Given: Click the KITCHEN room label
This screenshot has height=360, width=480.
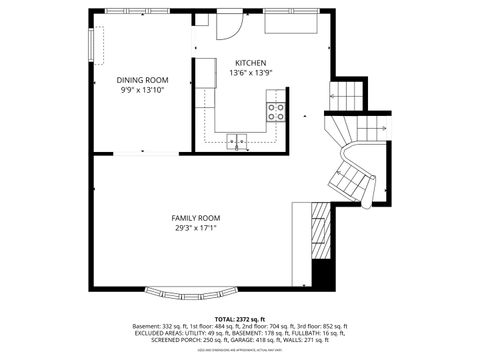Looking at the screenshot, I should pos(250,62).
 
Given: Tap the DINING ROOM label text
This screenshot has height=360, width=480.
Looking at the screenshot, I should pos(142,80).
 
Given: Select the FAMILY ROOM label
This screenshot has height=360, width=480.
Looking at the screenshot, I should pos(195,218).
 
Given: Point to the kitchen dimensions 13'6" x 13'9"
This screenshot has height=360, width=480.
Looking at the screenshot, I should pos(250,73).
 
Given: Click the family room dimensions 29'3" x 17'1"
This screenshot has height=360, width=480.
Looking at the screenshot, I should pos(195,228).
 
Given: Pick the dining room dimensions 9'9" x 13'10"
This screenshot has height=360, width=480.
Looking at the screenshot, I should pos(142,90).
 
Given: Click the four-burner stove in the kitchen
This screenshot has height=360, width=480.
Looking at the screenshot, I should pos(276,111).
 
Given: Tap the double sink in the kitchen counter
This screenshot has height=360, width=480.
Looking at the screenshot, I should pos(238,140).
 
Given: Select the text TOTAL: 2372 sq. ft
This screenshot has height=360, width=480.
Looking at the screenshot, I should pos(240,319).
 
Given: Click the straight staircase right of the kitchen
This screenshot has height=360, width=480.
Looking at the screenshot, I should pos(347,95).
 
